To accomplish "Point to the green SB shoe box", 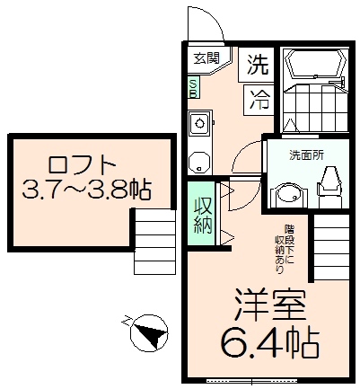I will pos(194,87).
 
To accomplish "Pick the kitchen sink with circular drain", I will pos(199,124).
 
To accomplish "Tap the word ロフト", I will pos(82,165).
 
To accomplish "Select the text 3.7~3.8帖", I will pos(86,190).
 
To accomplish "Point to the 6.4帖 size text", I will pos(268,341).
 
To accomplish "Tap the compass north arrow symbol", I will pos(147,334).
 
